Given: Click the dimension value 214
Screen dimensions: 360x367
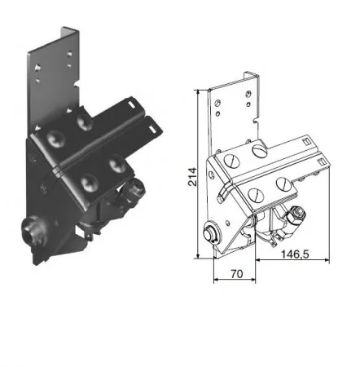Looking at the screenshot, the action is [x=192, y=177].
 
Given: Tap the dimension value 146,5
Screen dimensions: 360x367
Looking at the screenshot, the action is [x=295, y=254].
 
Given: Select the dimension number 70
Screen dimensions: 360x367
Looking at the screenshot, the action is [x=237, y=274].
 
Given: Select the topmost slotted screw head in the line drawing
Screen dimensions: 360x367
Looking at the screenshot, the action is [x=260, y=151].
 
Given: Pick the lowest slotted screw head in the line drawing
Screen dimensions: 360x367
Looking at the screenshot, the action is [x=256, y=195].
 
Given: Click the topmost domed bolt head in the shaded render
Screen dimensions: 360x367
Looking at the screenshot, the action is [x=85, y=122].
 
